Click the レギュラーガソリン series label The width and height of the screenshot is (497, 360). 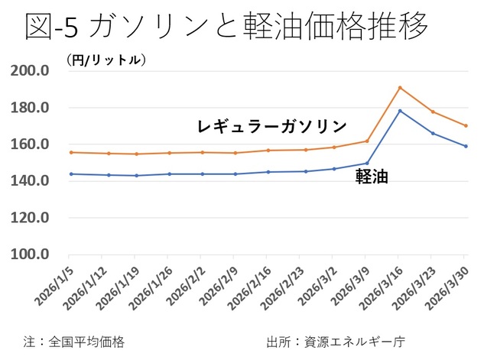272,126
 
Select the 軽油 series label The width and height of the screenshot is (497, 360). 372,177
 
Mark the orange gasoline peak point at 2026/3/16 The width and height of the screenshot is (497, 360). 400,87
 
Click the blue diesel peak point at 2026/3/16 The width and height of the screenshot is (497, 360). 400,111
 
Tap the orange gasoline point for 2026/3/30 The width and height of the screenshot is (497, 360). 466,126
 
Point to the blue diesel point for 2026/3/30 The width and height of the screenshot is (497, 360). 466,146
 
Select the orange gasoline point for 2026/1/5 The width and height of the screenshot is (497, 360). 70,152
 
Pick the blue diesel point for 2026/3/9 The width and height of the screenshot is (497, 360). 367,163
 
